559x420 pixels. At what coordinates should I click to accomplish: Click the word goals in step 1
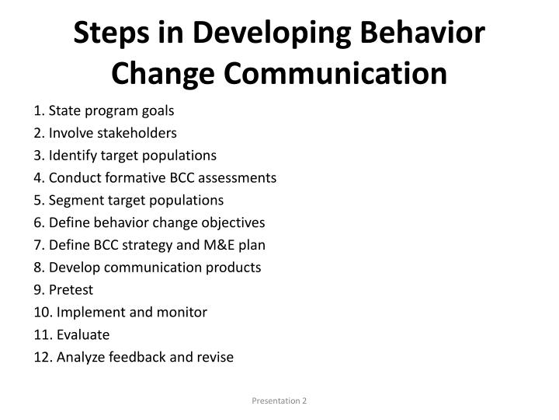158,110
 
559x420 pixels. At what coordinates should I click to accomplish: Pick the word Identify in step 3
72,156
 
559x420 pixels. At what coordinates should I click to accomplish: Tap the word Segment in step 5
74,201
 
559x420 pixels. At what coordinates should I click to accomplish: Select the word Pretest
71,290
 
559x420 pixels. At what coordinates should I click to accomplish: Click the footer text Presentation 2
279,401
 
